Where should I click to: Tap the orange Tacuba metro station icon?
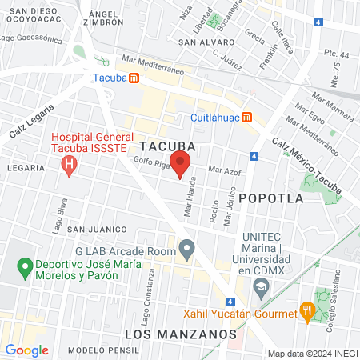coord(134,78)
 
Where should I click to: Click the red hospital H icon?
coord(70,166)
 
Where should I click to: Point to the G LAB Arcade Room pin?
coord(186,250)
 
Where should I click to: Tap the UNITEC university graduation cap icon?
coord(260,286)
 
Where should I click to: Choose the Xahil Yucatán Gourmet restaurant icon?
coord(306,310)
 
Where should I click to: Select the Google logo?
coord(26,350)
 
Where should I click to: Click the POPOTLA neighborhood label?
coord(269,196)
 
